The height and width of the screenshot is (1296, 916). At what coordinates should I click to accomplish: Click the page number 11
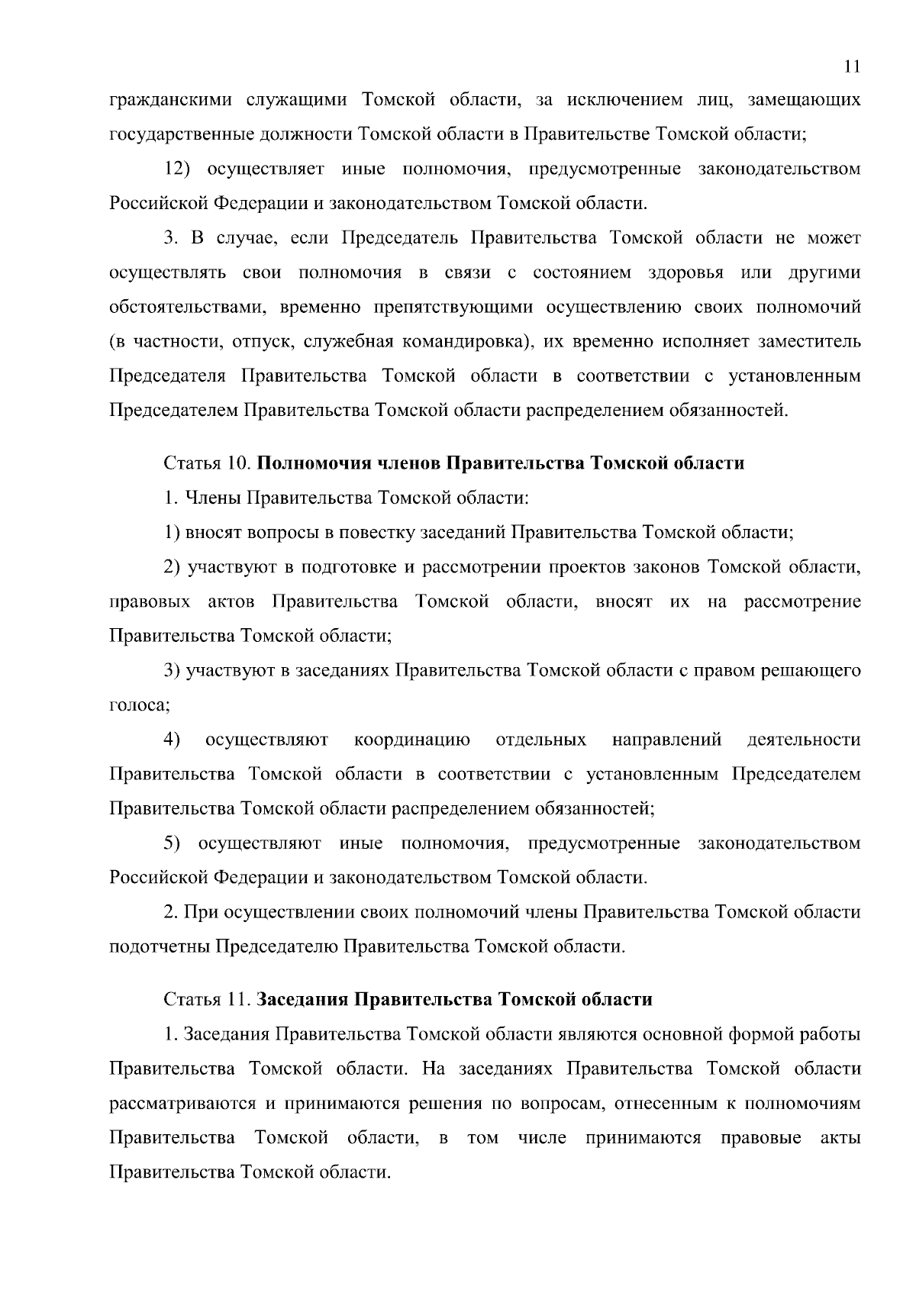853,66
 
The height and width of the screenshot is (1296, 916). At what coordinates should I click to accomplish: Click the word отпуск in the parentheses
259,341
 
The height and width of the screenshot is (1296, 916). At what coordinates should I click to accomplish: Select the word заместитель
808,341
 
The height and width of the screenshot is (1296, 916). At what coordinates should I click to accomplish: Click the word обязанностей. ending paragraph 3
728,411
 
